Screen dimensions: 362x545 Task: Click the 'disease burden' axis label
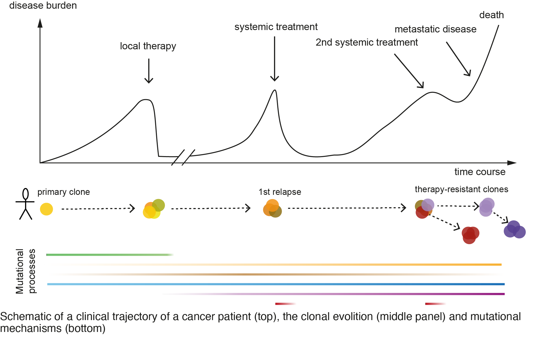[43, 6]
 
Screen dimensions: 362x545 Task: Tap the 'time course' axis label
[480, 172]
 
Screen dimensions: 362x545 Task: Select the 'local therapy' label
[148, 46]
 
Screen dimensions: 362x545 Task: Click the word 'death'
[491, 15]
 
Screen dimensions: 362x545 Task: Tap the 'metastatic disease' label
[435, 29]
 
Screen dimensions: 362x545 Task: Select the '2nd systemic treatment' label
[367, 42]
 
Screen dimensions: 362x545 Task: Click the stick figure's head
[26, 194]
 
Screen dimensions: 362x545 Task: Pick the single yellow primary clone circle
[46, 209]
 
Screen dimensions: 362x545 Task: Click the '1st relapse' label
[280, 192]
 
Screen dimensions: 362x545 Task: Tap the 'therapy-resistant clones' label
[461, 189]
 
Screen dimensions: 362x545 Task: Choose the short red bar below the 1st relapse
[285, 304]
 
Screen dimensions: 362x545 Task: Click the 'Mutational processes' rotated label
[25, 271]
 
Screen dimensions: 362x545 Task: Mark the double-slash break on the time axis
[183, 157]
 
